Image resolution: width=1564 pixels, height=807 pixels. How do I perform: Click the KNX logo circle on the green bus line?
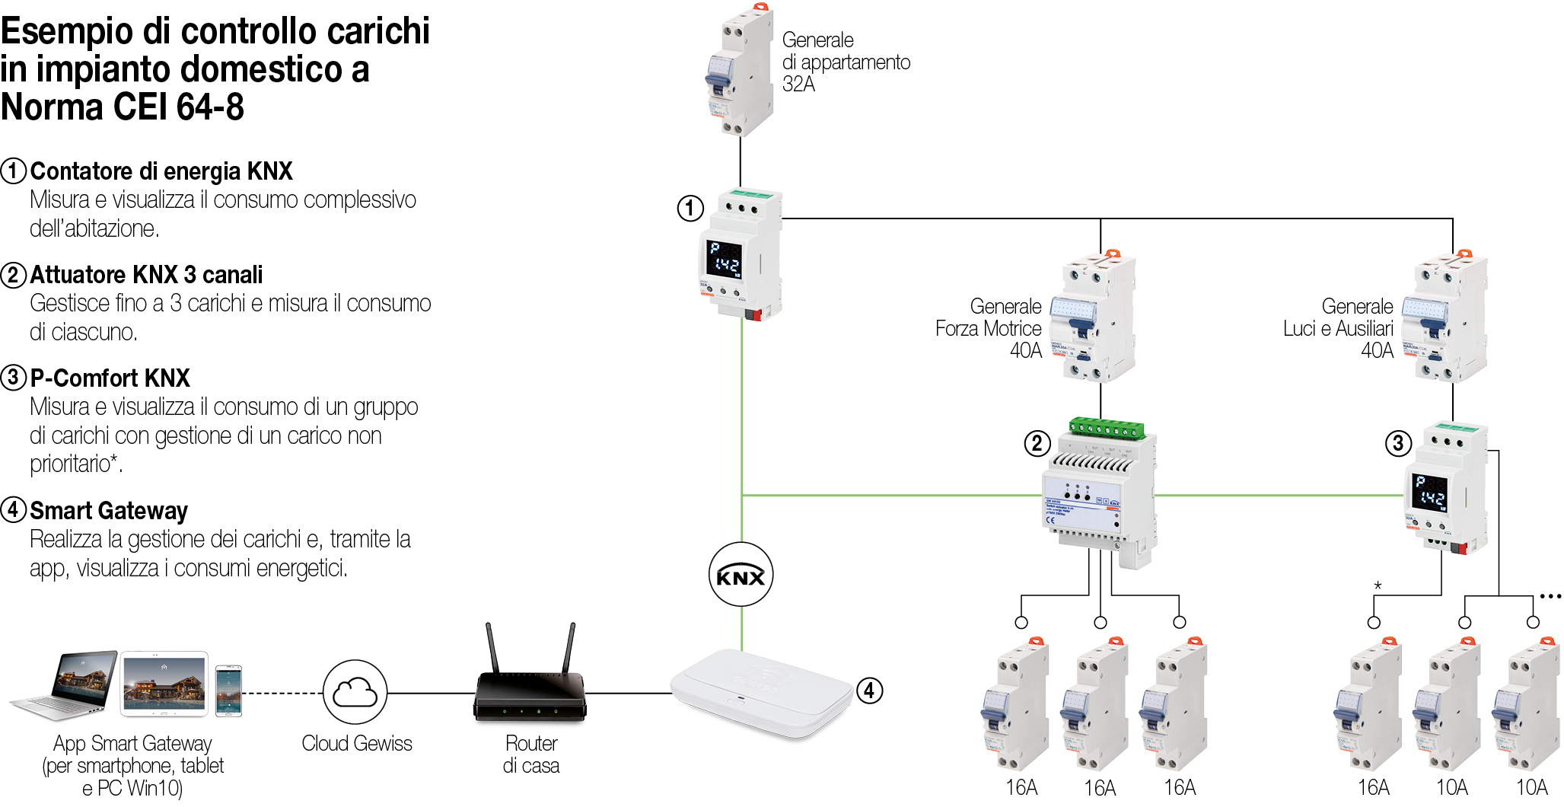(741, 575)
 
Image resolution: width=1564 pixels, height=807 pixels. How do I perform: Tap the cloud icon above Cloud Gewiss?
(355, 692)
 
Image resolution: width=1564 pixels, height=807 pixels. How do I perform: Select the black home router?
(530, 694)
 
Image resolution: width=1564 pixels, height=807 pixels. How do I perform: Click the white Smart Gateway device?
(761, 693)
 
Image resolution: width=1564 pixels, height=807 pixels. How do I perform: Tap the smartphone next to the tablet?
(228, 691)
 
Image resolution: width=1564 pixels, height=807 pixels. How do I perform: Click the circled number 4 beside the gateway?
(869, 691)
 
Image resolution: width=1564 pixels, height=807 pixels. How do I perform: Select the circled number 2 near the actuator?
(1037, 443)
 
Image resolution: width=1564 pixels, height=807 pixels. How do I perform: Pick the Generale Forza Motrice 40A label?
(989, 328)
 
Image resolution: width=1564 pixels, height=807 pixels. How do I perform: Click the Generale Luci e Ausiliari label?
(1339, 328)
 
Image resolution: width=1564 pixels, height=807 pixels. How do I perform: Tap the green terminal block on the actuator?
(1107, 428)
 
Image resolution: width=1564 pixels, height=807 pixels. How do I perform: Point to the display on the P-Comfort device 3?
(1429, 492)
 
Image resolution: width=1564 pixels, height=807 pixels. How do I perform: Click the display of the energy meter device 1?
(723, 259)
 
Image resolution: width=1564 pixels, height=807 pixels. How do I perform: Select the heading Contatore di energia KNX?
(161, 171)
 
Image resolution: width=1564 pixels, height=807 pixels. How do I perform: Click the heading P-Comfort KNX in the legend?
(110, 378)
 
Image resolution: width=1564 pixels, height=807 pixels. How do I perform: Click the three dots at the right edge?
(1550, 596)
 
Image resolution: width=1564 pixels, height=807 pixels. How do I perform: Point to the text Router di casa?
(530, 754)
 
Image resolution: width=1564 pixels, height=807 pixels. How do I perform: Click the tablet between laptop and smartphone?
(164, 684)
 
